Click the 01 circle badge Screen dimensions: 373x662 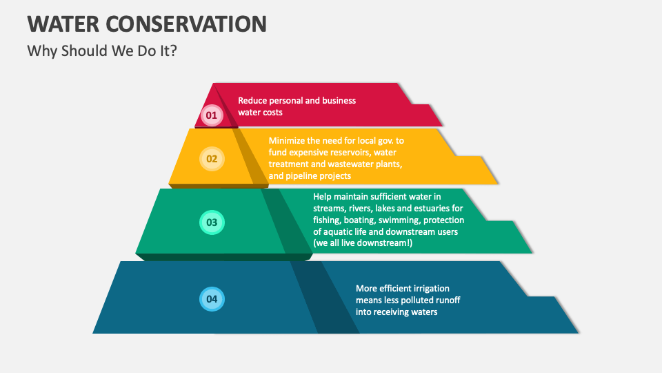[212, 115]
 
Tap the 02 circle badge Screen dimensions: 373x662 [212, 159]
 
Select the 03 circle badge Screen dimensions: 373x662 [212, 222]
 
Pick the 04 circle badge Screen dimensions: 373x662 [212, 299]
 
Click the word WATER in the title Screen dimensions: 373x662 [63, 24]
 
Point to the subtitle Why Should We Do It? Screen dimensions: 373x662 [101, 51]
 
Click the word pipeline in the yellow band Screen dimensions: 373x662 [307, 176]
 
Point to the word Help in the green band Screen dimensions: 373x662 [323, 196]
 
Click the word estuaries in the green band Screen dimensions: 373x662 [425, 208]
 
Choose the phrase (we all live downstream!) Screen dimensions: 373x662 [363, 243]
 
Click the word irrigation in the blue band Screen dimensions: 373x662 [430, 288]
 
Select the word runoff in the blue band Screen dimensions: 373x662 [446, 300]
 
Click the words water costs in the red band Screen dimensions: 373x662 [260, 112]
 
